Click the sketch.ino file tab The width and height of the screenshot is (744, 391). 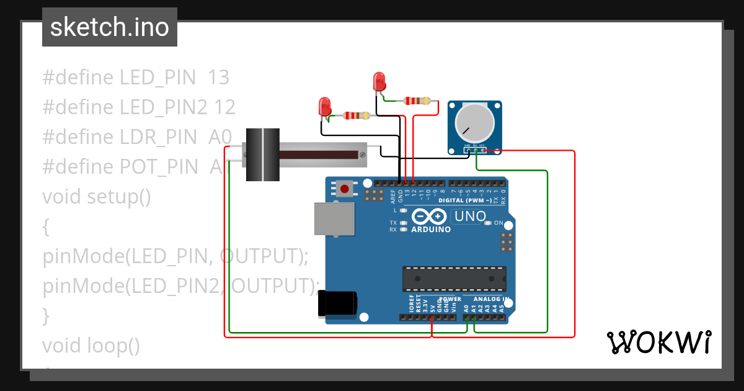pos(110,27)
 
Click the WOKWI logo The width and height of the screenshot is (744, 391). pos(658,343)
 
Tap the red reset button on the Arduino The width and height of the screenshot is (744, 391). pos(345,188)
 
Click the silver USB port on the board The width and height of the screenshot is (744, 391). pos(335,219)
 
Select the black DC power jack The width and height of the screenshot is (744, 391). pos(337,303)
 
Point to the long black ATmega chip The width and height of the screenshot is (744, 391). pos(454,279)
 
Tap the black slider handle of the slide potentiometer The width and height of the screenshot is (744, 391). pos(263,155)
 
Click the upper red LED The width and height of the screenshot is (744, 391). pos(379,82)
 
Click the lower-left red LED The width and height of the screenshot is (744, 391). pos(324,107)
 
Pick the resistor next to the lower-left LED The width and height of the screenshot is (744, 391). pos(356,115)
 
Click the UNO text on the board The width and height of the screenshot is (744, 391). pos(469,217)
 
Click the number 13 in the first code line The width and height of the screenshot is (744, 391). pos(218,78)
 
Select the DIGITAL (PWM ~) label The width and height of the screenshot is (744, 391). pos(465,200)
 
